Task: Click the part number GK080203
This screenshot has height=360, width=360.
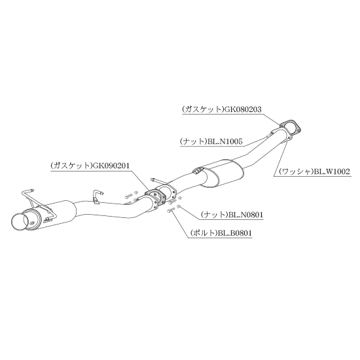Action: [x=243, y=109]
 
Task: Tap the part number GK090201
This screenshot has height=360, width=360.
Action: [x=111, y=166]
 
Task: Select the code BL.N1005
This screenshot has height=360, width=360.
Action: [x=225, y=141]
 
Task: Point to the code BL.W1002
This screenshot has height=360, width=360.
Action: [x=332, y=171]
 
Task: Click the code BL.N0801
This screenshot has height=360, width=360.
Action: [x=245, y=215]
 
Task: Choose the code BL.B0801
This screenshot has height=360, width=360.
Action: [x=234, y=233]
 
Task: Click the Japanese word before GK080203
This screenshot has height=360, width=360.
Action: [x=203, y=109]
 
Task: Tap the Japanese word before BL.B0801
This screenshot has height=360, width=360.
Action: [x=203, y=233]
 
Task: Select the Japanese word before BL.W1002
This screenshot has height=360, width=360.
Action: [x=296, y=171]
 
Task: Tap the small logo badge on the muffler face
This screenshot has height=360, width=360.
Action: [x=31, y=222]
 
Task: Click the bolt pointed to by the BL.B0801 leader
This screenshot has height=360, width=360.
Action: [x=171, y=209]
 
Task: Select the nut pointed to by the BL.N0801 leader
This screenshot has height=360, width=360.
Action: [x=179, y=207]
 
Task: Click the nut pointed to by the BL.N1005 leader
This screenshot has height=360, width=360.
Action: [x=268, y=136]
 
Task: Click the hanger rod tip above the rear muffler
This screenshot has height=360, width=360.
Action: [x=32, y=190]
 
